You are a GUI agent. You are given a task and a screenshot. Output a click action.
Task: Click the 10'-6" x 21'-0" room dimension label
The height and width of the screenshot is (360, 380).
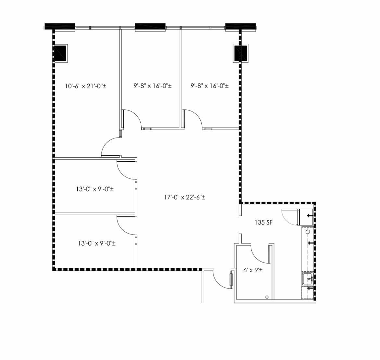[85, 86]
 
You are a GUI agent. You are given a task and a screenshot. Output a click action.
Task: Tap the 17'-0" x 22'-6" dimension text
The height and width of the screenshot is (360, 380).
[184, 197]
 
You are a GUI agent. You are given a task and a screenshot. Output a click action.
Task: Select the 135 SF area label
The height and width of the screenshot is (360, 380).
[264, 222]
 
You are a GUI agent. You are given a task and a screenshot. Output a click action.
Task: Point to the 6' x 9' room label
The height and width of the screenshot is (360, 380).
[253, 270]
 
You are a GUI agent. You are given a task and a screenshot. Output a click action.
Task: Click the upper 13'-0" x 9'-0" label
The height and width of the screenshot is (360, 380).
[95, 189]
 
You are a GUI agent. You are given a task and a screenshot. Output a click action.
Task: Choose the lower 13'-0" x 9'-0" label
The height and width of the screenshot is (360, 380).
[97, 243]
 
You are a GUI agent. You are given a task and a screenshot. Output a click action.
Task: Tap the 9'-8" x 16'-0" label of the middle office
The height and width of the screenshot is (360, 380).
[153, 86]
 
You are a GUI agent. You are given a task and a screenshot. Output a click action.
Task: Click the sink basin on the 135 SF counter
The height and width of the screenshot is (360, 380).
[308, 279]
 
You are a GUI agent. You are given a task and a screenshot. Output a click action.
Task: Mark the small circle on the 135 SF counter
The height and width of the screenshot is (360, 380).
[308, 232]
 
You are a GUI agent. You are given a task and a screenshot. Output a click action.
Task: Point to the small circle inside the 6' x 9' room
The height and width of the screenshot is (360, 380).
[267, 297]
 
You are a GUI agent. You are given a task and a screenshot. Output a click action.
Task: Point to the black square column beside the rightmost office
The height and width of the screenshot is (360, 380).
[241, 53]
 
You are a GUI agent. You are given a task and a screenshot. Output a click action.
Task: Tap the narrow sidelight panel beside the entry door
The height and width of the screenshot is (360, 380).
[231, 280]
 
